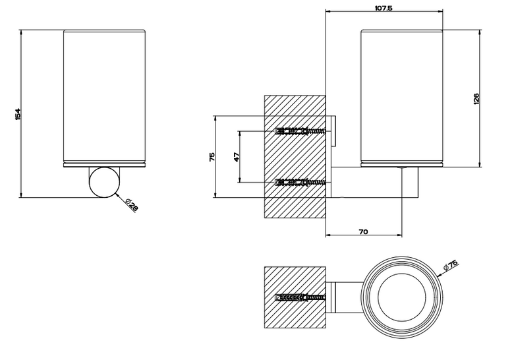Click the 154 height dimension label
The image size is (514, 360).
(18, 114)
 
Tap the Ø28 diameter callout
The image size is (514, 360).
(132, 205)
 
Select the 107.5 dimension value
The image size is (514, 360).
(384, 8)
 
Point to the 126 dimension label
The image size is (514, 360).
(476, 99)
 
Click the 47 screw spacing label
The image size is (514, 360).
(237, 157)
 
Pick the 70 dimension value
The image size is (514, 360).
(364, 232)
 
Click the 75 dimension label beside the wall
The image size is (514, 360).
(212, 157)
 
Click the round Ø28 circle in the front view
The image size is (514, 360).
(104, 182)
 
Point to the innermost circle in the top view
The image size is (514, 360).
(402, 297)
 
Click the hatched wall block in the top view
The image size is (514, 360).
(295, 297)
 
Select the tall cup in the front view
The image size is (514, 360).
(104, 98)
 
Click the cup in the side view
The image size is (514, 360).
(402, 98)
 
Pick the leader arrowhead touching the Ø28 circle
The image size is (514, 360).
(117, 194)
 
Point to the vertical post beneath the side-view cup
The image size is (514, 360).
(410, 182)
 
